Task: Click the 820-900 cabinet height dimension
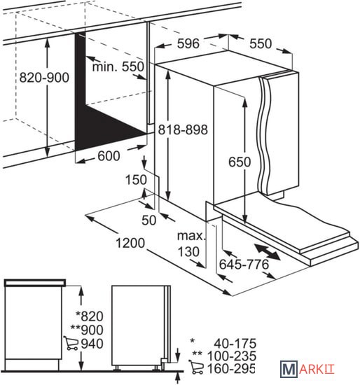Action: [44, 78]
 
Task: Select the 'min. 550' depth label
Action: [118, 66]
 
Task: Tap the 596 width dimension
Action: [188, 43]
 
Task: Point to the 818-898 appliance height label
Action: [183, 129]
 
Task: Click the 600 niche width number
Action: [109, 156]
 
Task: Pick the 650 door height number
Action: [240, 162]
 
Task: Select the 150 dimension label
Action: [136, 180]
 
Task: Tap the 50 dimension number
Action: [149, 220]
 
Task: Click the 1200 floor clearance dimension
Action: [130, 243]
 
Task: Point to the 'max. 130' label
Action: [191, 244]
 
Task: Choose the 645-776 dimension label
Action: [244, 265]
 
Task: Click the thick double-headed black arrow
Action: [267, 252]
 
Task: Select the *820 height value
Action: [90, 316]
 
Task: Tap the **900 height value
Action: [87, 330]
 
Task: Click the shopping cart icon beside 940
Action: [71, 343]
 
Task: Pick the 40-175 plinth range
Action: [235, 343]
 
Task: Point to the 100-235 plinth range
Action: [232, 356]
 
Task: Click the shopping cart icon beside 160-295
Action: [196, 367]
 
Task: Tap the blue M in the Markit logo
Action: [289, 369]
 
